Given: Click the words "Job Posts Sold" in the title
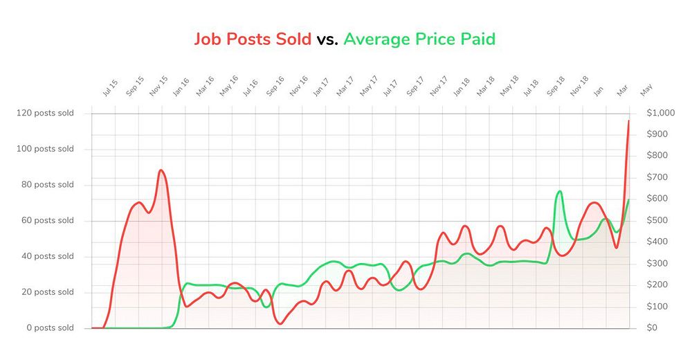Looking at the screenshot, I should pyautogui.click(x=253, y=39).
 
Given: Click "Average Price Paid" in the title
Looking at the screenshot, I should pyautogui.click(x=419, y=39).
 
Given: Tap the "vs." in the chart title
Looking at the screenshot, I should pyautogui.click(x=327, y=39).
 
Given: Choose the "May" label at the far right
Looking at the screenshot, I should pyautogui.click(x=646, y=89).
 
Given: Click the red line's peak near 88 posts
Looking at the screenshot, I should pyautogui.click(x=161, y=170).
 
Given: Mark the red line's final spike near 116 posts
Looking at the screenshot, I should pyautogui.click(x=628, y=121).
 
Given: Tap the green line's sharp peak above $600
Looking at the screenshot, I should pyautogui.click(x=560, y=191).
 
